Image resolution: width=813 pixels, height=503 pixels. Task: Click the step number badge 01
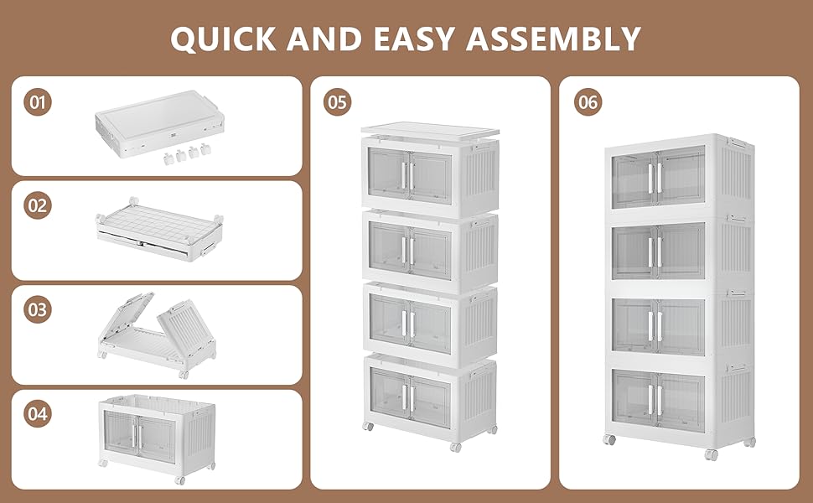pyautogui.click(x=37, y=103)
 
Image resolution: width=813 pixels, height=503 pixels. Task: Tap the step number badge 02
pyautogui.click(x=37, y=206)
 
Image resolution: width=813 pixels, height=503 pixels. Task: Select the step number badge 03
pyautogui.click(x=37, y=309)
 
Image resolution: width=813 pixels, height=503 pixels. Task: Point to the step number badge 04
pyautogui.click(x=37, y=413)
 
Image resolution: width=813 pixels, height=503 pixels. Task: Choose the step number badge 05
pyautogui.click(x=338, y=102)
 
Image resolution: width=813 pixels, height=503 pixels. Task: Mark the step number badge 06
pyautogui.click(x=588, y=102)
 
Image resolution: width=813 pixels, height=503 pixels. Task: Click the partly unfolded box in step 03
pyautogui.click(x=157, y=331)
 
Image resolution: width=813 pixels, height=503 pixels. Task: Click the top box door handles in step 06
pyautogui.click(x=655, y=176)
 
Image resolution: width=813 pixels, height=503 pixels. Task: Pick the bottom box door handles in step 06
pyautogui.click(x=655, y=397)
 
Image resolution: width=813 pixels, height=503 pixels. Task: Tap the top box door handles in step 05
pyautogui.click(x=407, y=174)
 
